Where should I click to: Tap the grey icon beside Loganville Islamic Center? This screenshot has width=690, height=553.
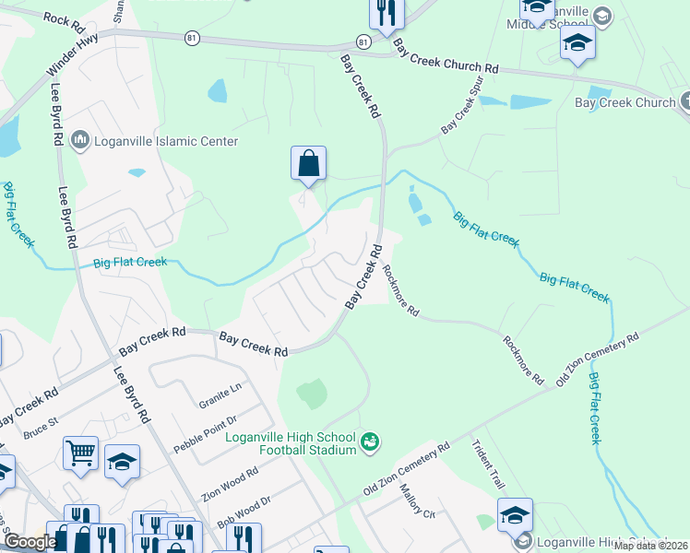point(79,141)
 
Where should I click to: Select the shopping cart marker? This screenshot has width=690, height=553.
point(80,453)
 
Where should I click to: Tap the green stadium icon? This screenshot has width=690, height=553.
point(371,443)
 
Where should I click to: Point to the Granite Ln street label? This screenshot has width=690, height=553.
point(220,396)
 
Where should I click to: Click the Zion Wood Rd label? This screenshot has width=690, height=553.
point(230,483)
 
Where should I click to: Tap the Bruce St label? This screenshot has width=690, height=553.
point(42,429)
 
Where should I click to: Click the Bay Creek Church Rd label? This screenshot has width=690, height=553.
point(445,56)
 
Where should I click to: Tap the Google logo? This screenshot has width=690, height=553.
point(30,542)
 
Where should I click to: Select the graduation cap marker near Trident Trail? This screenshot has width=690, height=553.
point(515,515)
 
